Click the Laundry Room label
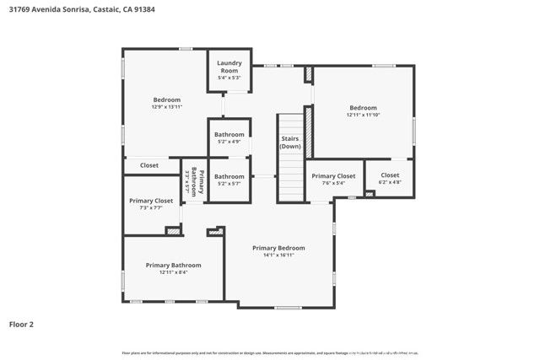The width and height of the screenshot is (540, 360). (x=229, y=66)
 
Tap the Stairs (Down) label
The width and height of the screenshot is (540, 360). (x=290, y=142)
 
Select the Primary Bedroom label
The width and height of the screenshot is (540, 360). (x=278, y=248)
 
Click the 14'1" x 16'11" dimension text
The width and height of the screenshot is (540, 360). (x=278, y=255)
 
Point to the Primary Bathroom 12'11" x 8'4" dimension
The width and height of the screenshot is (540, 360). (x=173, y=272)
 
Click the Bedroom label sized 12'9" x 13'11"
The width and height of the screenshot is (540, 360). (x=166, y=100)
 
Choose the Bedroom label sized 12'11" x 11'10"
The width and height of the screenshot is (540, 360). (x=363, y=107)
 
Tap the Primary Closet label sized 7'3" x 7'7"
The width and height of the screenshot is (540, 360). (x=151, y=201)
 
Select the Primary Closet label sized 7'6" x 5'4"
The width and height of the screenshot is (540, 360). (x=333, y=176)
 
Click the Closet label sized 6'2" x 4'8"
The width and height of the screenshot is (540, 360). (x=390, y=175)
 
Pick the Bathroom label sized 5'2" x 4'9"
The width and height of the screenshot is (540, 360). (x=229, y=135)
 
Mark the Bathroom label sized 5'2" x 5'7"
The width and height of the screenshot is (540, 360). (x=229, y=177)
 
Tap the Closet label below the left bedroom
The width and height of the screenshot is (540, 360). (x=149, y=165)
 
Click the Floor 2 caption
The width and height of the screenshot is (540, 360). (x=21, y=324)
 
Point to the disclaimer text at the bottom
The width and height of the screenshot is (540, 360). (x=270, y=352)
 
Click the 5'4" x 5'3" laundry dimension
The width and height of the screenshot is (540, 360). (x=229, y=78)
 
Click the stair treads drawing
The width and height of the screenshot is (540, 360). (x=290, y=177)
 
